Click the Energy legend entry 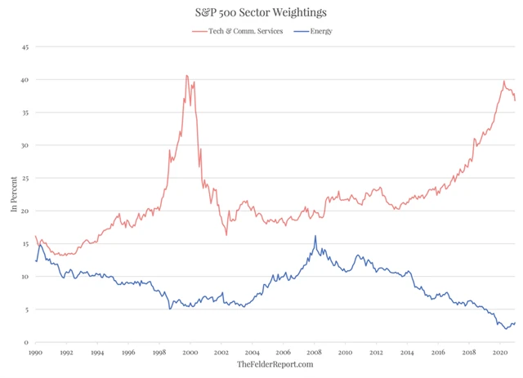(x=315, y=31)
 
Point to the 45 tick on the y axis (x=25, y=47)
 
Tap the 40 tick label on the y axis (x=25, y=80)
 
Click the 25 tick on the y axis (x=25, y=178)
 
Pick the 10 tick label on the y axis (x=25, y=277)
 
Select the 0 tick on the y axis (x=27, y=342)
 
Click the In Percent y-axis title (x=13, y=195)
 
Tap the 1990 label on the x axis (x=35, y=352)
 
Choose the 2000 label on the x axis (x=190, y=352)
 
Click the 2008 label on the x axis (x=315, y=352)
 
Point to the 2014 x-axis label (x=408, y=352)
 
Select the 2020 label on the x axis (x=500, y=352)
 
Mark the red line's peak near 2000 (x=187, y=76)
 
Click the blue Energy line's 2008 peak (x=315, y=236)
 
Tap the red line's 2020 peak (x=504, y=82)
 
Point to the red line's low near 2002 (x=226, y=234)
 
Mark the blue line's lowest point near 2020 (x=506, y=328)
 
